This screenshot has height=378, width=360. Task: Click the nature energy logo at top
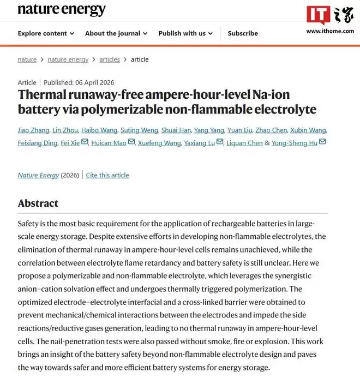(x=62, y=10)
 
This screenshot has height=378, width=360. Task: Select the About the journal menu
(x=116, y=33)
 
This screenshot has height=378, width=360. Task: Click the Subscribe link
(x=243, y=33)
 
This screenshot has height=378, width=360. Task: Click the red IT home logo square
(x=317, y=15)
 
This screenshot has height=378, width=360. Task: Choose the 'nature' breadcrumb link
(x=27, y=59)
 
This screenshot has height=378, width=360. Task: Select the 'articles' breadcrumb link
(x=110, y=59)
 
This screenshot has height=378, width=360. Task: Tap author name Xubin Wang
(x=308, y=130)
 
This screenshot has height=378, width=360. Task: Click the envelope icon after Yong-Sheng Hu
(x=322, y=142)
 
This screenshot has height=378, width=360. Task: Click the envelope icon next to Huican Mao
(x=131, y=142)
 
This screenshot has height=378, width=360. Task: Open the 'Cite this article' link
(x=107, y=175)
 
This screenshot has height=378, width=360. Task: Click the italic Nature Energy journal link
(x=38, y=175)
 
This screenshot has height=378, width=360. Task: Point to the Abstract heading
(x=38, y=203)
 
